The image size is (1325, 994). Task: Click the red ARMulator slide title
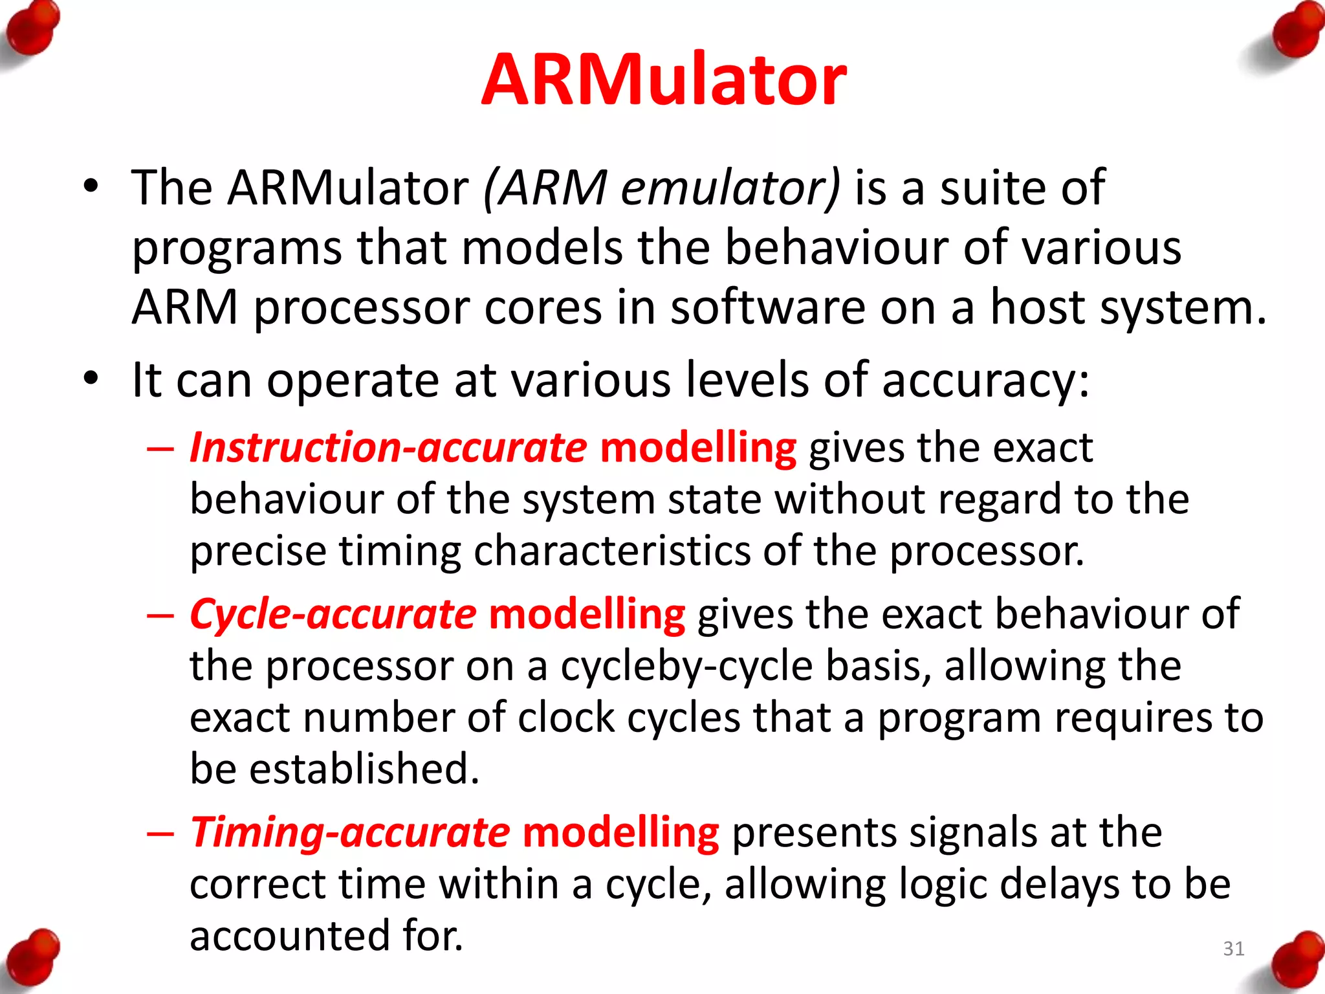point(664,80)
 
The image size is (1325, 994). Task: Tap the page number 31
point(1234,949)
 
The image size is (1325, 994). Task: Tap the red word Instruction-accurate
point(388,448)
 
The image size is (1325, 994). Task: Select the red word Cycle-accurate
point(333,614)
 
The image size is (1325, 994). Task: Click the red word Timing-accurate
point(350,833)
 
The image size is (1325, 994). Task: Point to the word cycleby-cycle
point(686,667)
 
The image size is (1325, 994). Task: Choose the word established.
point(364,769)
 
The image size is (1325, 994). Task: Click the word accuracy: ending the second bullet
point(985,381)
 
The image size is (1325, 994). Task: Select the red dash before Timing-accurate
point(160,834)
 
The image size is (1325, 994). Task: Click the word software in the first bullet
point(767,307)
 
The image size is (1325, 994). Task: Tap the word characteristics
point(611,551)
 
